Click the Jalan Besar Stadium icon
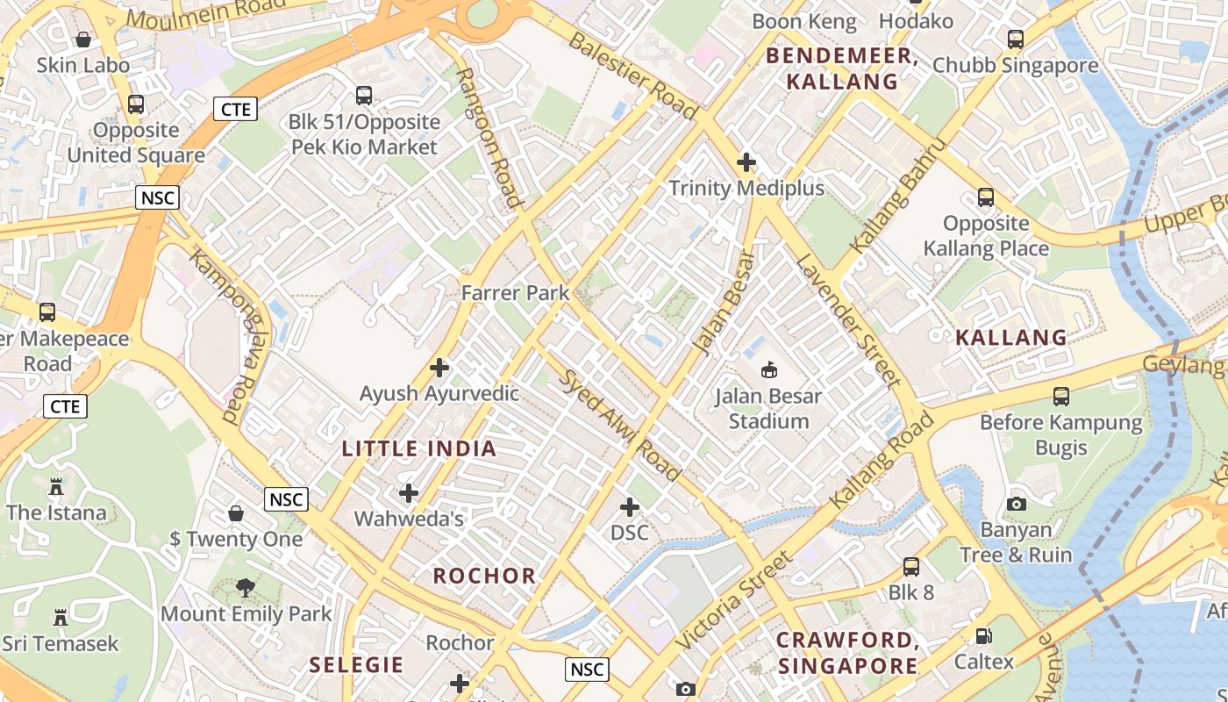point(769,369)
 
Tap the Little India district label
point(419,449)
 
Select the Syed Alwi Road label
point(620,426)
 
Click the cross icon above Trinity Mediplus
point(746,162)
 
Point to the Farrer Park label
point(516,293)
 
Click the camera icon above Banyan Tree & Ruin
point(1017,504)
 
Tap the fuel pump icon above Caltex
point(984,636)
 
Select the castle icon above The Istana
point(56,486)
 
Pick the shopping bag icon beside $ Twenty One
point(236,512)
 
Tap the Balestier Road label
point(632,75)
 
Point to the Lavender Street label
point(848,320)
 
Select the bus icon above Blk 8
point(911,567)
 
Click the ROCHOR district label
point(484,577)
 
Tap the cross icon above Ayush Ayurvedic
point(439,368)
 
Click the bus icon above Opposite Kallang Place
point(986,197)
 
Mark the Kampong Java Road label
point(224,337)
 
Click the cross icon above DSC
point(630,507)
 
